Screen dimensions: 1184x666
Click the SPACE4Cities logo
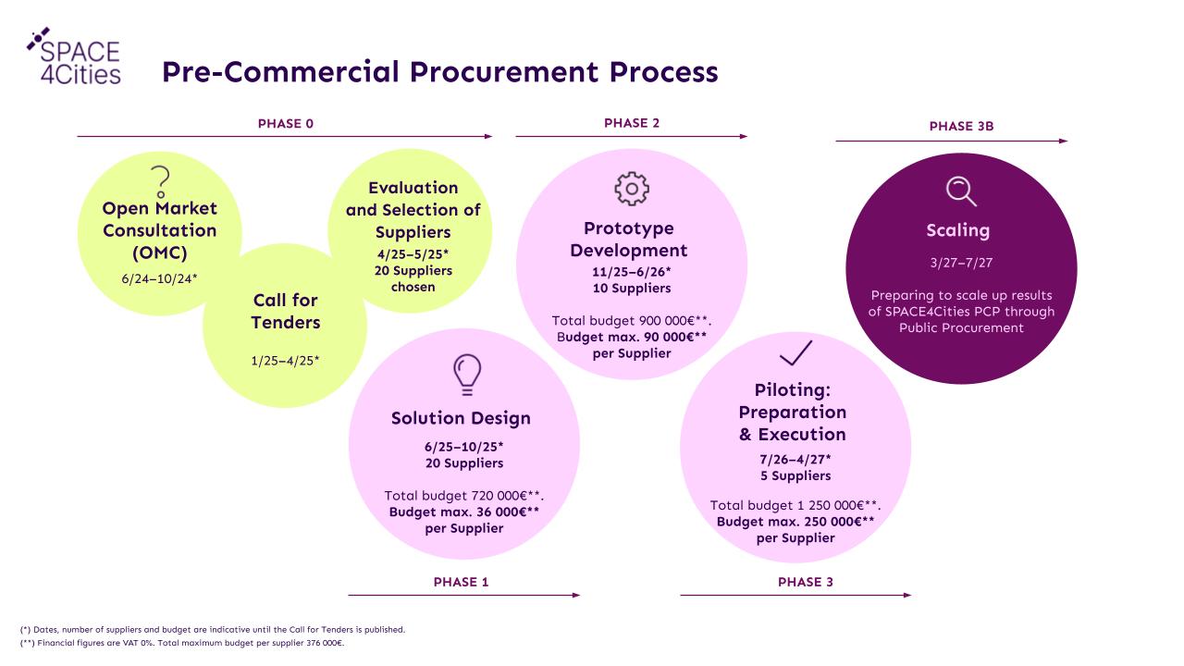tap(74, 56)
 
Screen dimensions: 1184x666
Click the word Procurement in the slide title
tap(504, 72)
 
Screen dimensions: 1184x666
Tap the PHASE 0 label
tap(286, 124)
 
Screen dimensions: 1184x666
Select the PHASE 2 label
tap(632, 123)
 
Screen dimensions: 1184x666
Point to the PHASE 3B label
tap(961, 127)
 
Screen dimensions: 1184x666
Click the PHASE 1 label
tap(461, 582)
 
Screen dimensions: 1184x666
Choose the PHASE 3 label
tap(806, 582)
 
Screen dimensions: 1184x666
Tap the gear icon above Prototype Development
tap(632, 189)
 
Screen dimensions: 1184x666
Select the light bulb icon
tap(467, 375)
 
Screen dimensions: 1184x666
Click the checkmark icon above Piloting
tap(796, 352)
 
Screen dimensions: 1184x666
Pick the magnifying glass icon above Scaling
tap(961, 191)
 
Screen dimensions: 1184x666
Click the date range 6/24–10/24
tap(159, 278)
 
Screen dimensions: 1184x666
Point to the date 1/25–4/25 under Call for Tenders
tap(285, 361)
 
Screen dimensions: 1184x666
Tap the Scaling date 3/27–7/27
tap(961, 263)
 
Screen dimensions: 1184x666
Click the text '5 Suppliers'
tap(795, 475)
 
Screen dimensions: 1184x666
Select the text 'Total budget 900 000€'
tap(623, 321)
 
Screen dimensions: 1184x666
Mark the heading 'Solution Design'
tap(461, 418)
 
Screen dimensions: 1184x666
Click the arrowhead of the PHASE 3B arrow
tap(1064, 142)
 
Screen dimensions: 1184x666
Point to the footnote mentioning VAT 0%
tap(182, 643)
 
